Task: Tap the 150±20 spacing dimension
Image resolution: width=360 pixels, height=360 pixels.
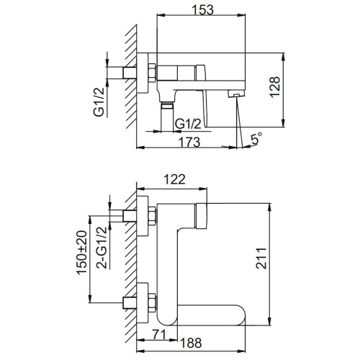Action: [x=82, y=254]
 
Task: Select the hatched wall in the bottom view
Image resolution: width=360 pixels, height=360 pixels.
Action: [x=130, y=259]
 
